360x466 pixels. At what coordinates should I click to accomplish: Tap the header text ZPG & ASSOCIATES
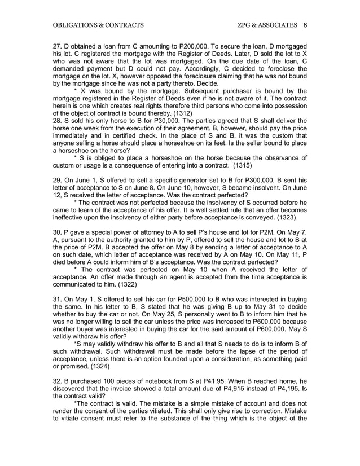[x=269, y=25]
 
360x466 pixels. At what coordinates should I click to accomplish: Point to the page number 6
[x=305, y=25]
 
